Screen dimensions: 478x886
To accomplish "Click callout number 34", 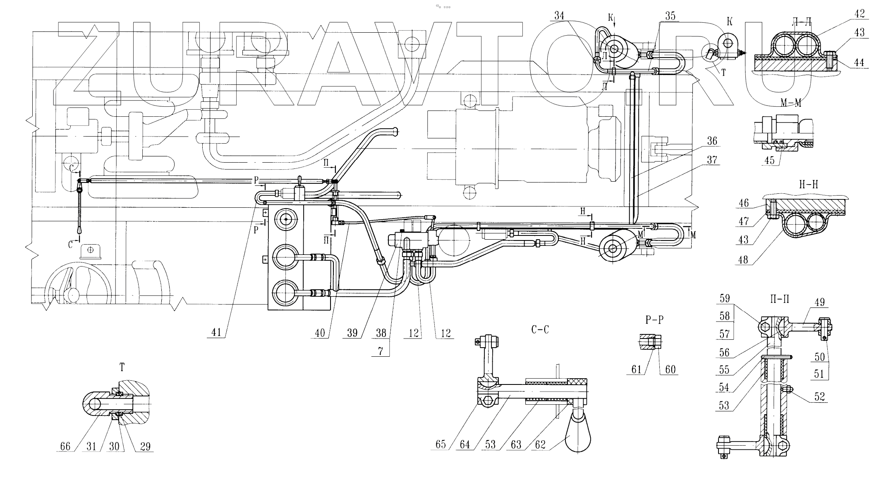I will [x=559, y=16].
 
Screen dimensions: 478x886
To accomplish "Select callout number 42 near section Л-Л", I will [x=860, y=14].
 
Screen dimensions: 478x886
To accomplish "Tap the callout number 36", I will [x=712, y=141].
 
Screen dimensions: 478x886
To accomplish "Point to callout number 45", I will [x=770, y=160].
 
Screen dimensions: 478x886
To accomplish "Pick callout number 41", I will [x=217, y=332].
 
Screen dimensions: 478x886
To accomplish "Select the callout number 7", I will [x=381, y=351].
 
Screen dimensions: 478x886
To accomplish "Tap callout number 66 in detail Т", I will [x=65, y=447].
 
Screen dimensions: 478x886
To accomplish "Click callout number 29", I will [x=145, y=447].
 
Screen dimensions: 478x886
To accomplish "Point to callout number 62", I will [x=540, y=445].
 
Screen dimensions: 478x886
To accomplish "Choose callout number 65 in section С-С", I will [x=441, y=444].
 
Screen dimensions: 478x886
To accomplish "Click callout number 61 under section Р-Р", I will [x=636, y=369].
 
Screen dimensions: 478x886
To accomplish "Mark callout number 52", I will [x=819, y=396].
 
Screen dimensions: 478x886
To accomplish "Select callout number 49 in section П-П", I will [x=819, y=302].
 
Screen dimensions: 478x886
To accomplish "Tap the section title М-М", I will [x=790, y=103].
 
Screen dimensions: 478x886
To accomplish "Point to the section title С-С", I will [x=540, y=330].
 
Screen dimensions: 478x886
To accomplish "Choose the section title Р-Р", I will [x=654, y=320].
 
